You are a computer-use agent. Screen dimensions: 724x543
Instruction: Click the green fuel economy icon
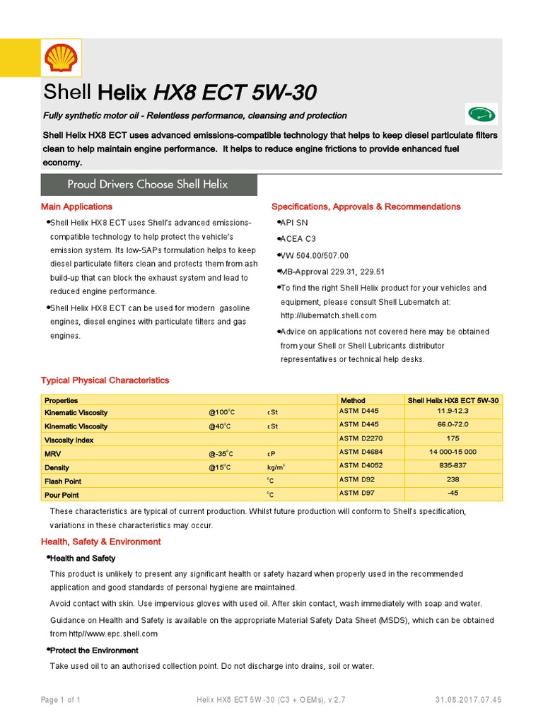coord(481,114)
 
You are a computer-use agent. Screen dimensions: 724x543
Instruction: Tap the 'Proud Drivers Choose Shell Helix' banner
coord(148,184)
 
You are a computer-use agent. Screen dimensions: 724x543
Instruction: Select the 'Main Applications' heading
coord(76,206)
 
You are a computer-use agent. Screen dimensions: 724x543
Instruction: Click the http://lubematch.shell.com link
coord(328,315)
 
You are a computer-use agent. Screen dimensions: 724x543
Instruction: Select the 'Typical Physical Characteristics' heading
coord(105,380)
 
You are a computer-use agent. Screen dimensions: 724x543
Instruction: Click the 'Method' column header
coord(353,400)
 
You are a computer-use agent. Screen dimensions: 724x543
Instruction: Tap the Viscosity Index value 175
coord(453,438)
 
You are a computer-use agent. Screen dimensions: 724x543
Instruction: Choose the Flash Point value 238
coord(453,479)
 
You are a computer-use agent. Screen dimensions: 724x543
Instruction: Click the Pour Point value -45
coord(453,492)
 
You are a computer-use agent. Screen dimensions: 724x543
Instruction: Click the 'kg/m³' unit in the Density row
coord(276,467)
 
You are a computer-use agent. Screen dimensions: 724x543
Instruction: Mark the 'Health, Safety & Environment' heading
coord(100,542)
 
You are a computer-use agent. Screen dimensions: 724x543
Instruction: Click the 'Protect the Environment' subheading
coord(94,650)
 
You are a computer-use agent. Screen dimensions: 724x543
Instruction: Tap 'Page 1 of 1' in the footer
coord(60,700)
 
